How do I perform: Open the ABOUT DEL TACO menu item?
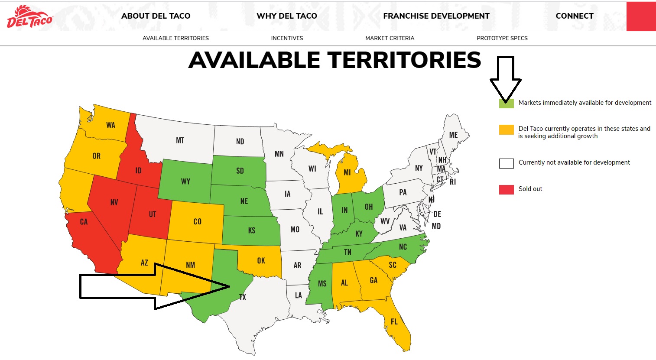pos(156,16)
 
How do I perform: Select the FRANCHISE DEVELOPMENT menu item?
pos(436,16)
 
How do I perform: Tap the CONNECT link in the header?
pos(574,16)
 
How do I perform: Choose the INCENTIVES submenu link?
pos(287,38)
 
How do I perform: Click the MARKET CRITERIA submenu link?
pos(390,38)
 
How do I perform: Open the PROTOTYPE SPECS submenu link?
pos(502,38)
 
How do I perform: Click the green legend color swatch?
pos(506,103)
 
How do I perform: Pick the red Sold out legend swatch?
pos(506,189)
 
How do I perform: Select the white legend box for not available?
pos(506,163)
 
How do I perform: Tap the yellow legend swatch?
pos(506,130)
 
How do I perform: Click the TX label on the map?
pos(242,297)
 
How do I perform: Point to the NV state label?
pos(114,202)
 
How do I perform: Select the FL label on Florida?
pos(394,321)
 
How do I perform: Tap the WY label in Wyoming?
pos(185,182)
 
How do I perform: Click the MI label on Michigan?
pos(347,172)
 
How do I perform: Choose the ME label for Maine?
pos(453,135)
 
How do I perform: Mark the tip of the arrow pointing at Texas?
pos(229,286)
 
